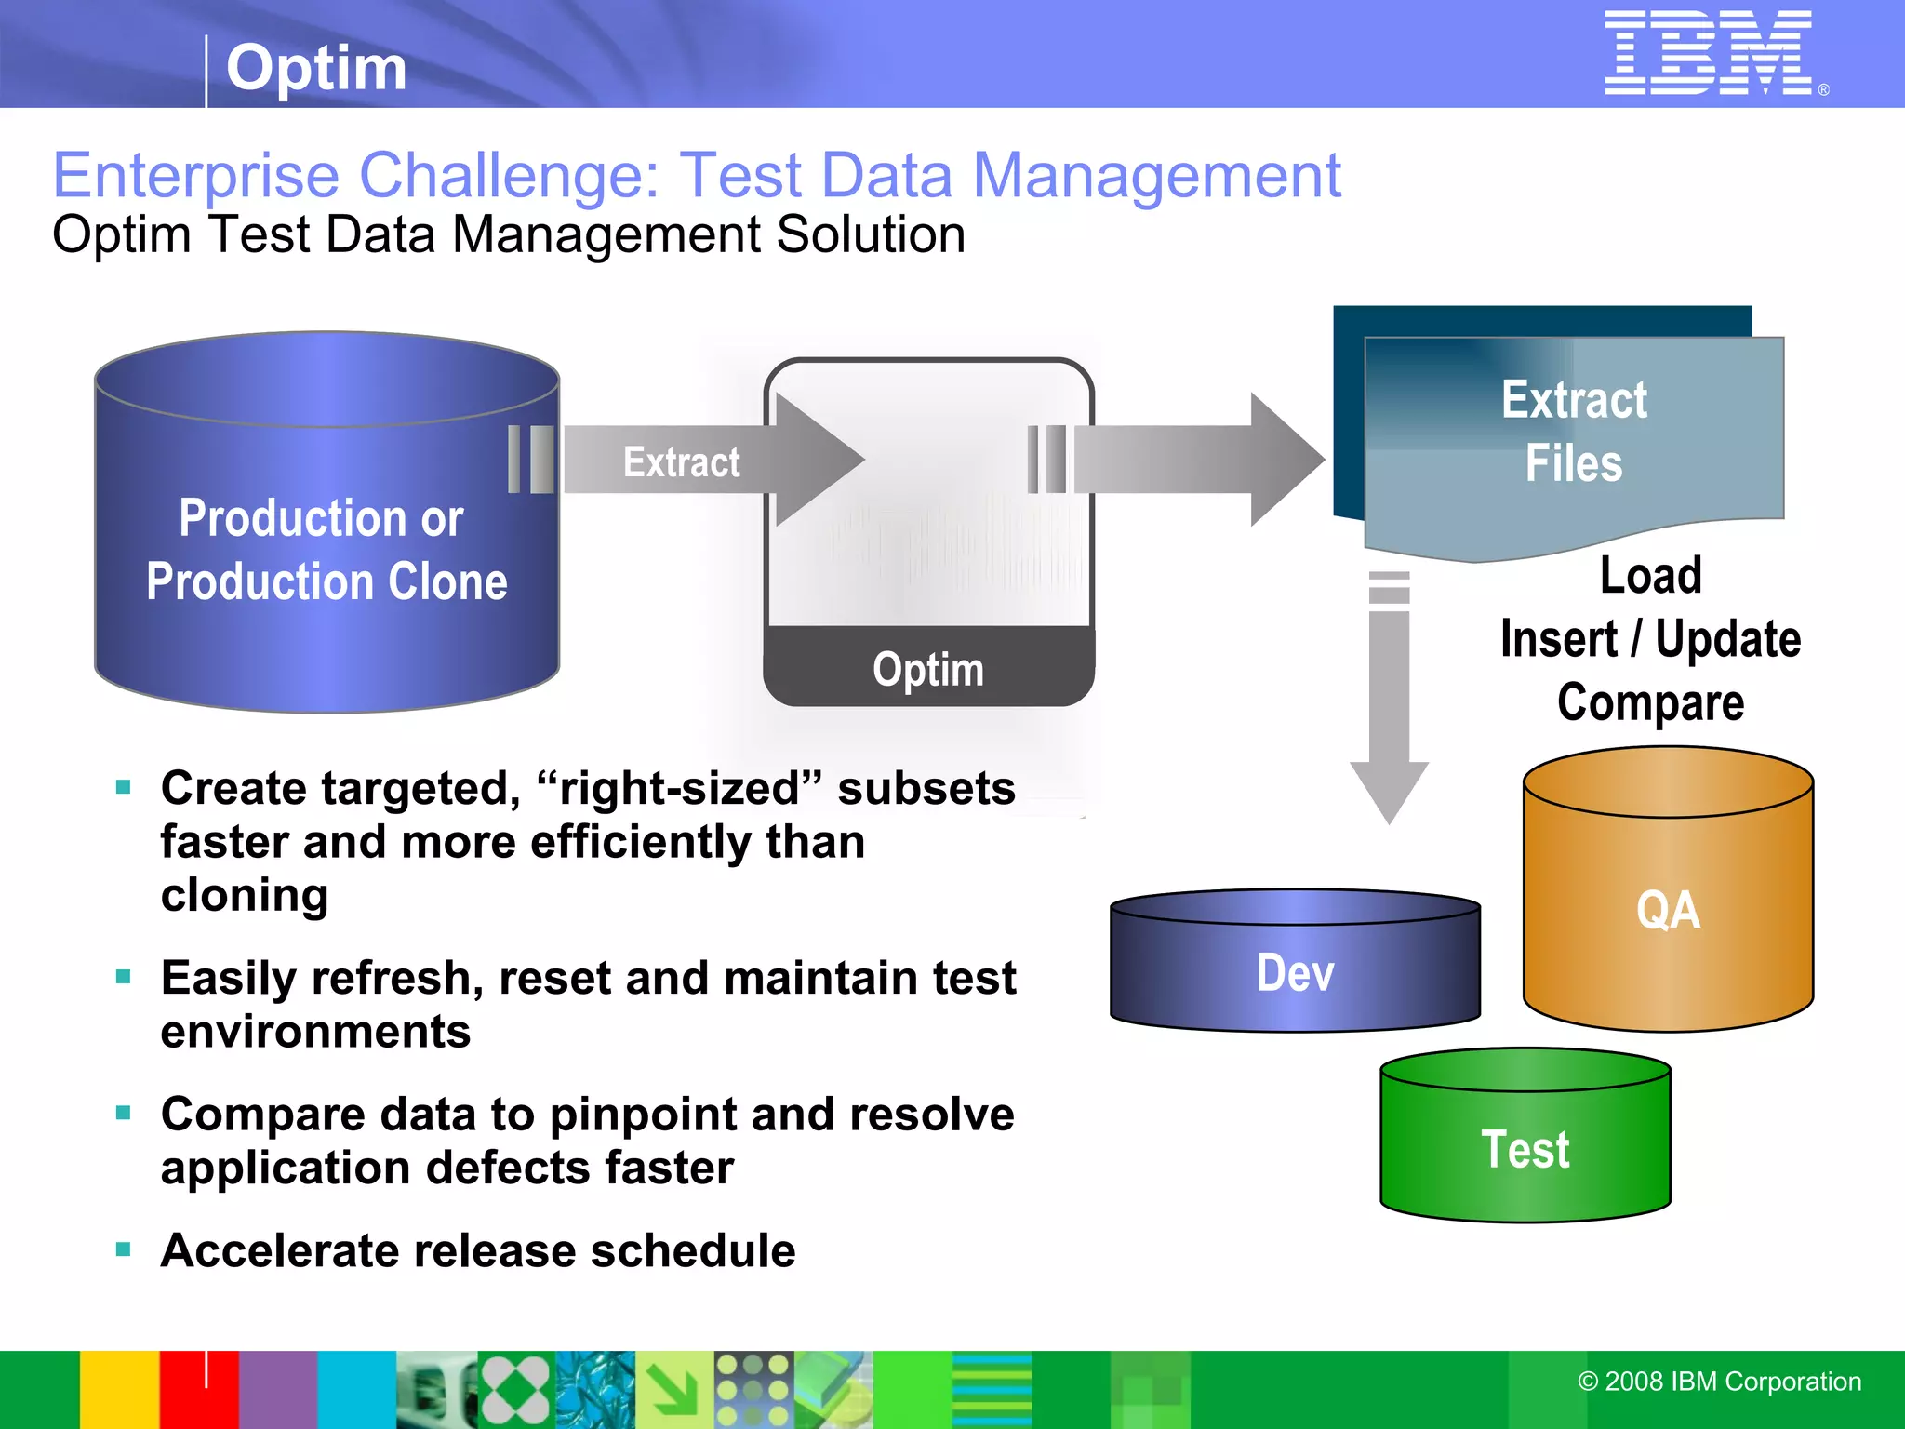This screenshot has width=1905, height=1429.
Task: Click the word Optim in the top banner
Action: coord(316,68)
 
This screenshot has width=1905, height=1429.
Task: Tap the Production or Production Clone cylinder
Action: coord(326,549)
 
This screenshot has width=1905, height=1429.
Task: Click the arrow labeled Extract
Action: coord(707,461)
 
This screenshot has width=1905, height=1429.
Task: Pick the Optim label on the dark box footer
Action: coord(927,669)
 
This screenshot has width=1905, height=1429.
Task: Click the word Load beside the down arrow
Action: coord(1650,575)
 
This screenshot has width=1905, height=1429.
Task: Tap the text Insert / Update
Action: coord(1650,639)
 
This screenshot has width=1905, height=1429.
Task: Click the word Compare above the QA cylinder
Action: coord(1650,702)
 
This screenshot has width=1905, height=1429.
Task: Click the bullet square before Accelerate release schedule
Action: coord(124,1249)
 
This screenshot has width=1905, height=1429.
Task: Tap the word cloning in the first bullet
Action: coord(245,895)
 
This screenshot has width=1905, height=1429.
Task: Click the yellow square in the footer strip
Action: coord(119,1389)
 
